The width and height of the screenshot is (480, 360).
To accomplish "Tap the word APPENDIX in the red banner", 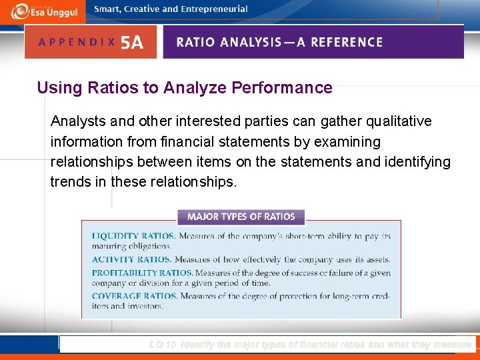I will coord(77,42).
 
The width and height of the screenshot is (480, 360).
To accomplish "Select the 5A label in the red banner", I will coord(131,43).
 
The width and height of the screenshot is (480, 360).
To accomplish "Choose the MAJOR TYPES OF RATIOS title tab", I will coord(241,217).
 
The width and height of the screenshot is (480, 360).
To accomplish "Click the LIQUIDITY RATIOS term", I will coord(133,236).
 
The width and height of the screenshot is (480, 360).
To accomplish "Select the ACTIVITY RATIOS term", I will coord(131,259).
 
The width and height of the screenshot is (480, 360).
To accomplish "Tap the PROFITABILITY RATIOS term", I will coord(142,273).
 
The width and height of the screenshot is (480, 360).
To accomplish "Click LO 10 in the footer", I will coord(163,345).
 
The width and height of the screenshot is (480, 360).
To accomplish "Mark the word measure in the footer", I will coord(452,345).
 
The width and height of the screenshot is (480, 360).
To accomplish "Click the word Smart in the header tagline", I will coord(107,9).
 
